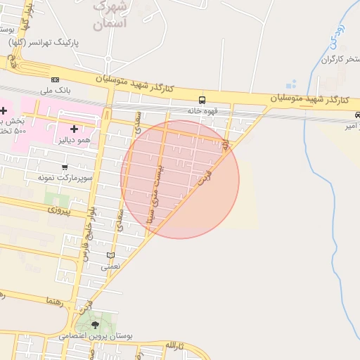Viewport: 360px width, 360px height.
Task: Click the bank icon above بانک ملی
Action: click(x=56, y=79)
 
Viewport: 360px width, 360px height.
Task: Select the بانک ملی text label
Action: click(x=56, y=90)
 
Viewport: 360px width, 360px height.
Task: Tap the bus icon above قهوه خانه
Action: click(x=202, y=100)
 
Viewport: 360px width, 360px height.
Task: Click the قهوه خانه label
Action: click(x=203, y=110)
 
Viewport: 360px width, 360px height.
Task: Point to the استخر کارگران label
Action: click(x=326, y=59)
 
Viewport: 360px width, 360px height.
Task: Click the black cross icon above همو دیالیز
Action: click(x=74, y=129)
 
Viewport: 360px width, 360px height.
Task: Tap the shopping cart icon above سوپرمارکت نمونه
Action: click(x=65, y=167)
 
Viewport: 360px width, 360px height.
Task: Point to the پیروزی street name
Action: click(x=60, y=210)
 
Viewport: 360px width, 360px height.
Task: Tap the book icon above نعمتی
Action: click(x=110, y=255)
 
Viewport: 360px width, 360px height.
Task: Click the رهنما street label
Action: click(x=54, y=301)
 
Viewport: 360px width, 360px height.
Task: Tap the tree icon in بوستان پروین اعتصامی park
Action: click(x=96, y=324)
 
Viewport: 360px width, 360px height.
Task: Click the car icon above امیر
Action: click(x=357, y=115)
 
